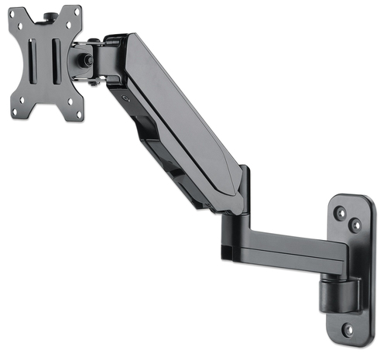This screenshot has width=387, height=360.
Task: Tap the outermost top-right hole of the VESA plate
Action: tap(76, 13)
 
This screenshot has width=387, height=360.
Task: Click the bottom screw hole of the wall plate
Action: tap(347, 330)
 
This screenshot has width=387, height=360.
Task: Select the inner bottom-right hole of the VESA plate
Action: tap(68, 101)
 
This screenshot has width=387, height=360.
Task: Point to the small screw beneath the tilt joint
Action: tap(92, 81)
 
